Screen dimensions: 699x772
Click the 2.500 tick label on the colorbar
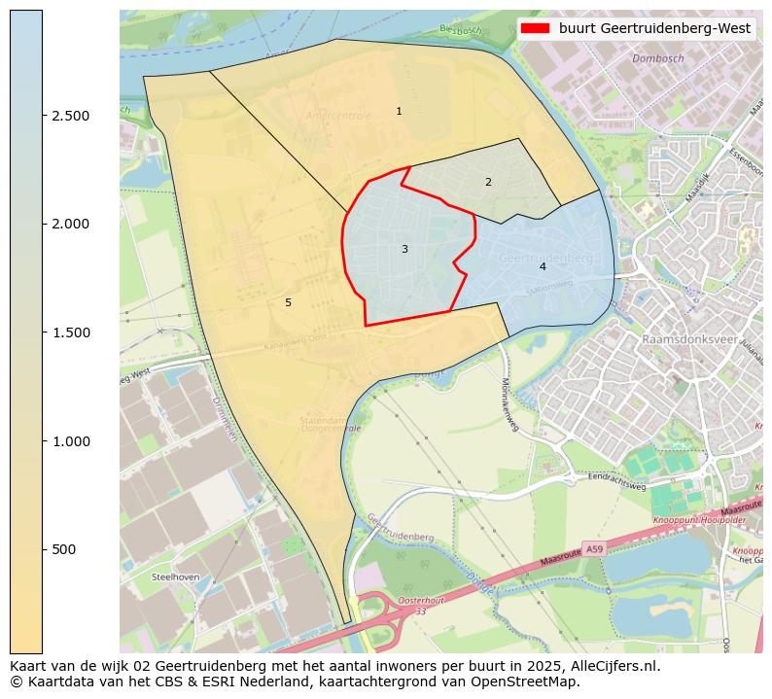coord(71,116)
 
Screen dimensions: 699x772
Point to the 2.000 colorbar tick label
coord(71,224)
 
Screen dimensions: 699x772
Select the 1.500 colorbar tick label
coord(71,332)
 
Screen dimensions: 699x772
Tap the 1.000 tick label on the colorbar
coord(71,441)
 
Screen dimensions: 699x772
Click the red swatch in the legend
coord(535,28)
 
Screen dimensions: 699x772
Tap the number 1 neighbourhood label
coord(399,112)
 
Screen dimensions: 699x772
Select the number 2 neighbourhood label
coord(488,182)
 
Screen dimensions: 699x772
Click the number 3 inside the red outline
coord(404,250)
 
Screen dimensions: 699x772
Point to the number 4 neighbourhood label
coord(543,266)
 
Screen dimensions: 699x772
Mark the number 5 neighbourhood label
coord(288,303)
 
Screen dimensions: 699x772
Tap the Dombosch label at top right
coord(658,58)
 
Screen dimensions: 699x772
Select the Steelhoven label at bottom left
coord(176,577)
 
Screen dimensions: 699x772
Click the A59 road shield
coord(594,549)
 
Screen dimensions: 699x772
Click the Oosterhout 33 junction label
coord(415,605)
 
